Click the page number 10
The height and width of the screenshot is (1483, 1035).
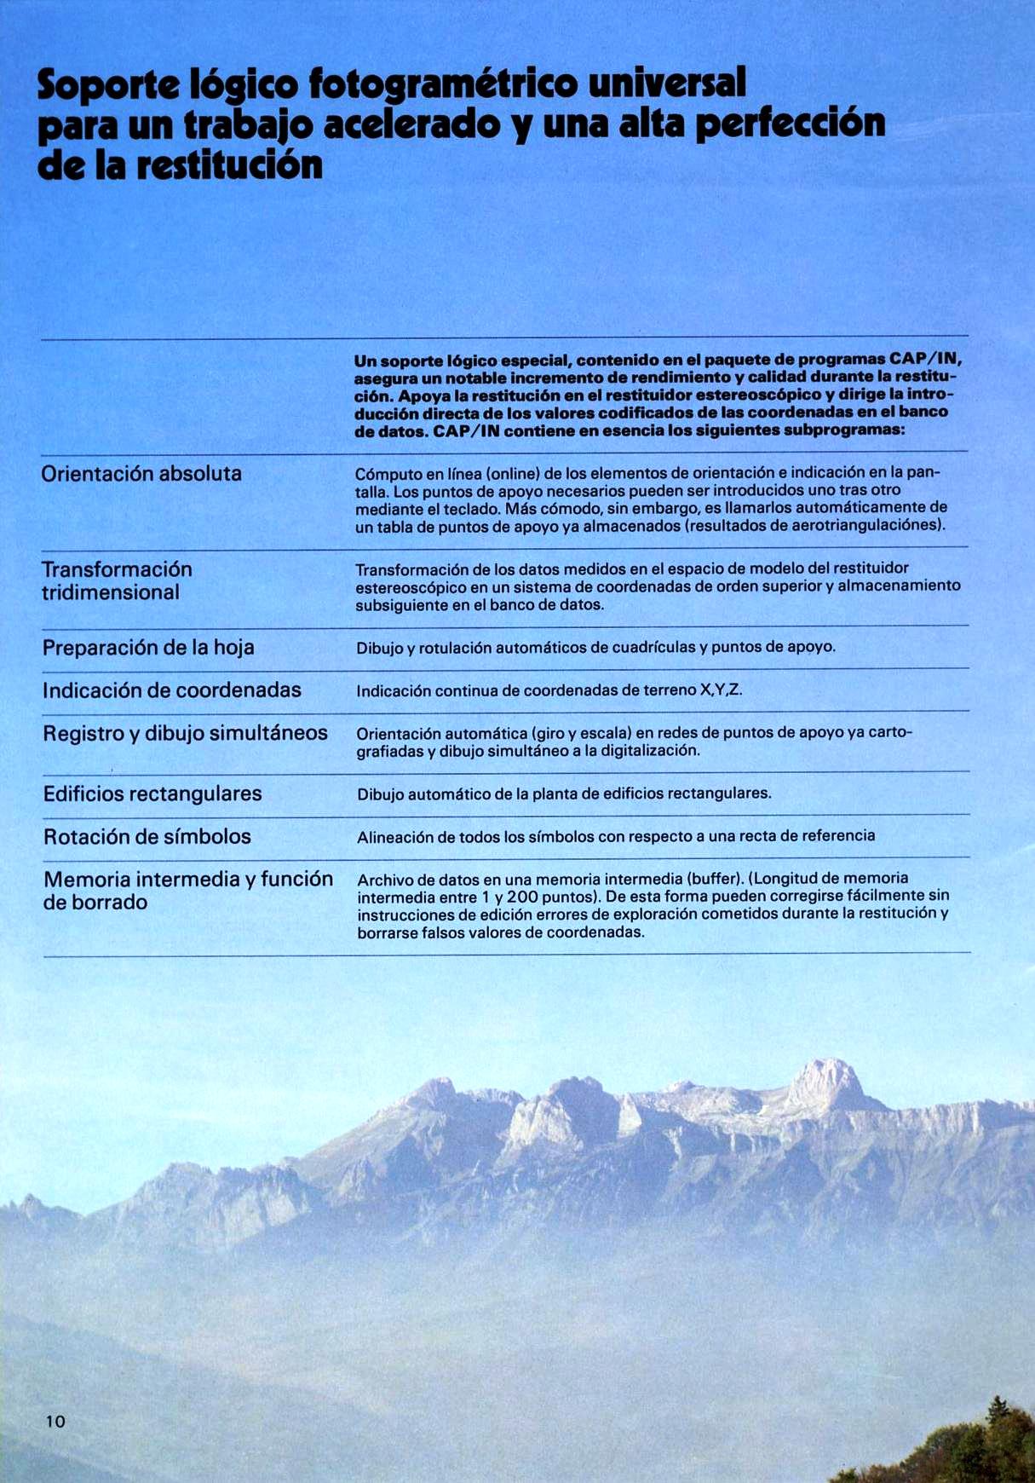tap(55, 1421)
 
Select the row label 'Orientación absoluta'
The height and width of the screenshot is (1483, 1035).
tap(141, 474)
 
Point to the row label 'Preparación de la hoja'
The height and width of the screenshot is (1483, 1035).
tap(148, 648)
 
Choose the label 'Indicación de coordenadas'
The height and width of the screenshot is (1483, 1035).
tap(172, 690)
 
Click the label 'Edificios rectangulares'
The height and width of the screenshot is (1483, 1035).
tap(152, 794)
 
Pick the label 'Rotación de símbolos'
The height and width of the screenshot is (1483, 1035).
tap(147, 837)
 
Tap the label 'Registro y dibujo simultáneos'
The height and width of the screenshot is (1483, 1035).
tap(185, 733)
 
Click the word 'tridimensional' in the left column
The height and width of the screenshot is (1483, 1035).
tap(111, 592)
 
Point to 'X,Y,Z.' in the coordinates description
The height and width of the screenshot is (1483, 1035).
tap(721, 690)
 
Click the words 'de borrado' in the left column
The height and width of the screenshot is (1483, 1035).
tap(95, 903)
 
